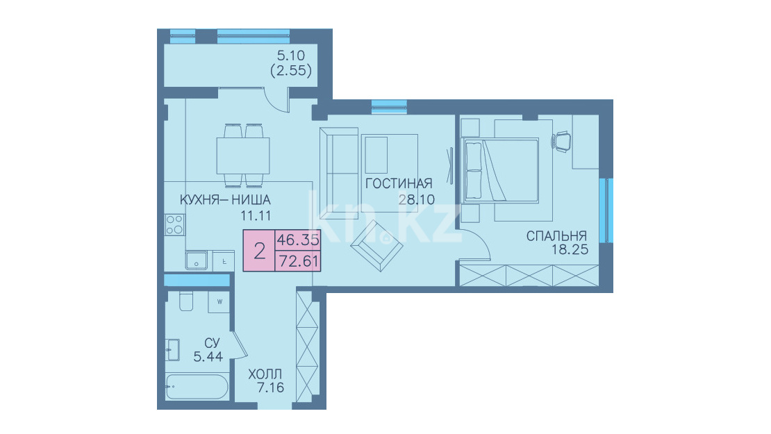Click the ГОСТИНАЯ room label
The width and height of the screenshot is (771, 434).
pos(399,184)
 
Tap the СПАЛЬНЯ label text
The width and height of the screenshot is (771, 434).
pos(556,236)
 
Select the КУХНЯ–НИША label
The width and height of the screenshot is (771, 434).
pos(225,200)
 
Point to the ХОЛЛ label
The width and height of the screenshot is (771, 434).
pos(265,374)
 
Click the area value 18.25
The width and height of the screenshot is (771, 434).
pos(570,250)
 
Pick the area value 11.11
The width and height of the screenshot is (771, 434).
pos(256,215)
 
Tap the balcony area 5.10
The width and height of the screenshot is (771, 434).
pos(291,56)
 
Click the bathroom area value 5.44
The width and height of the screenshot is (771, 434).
pos(208,357)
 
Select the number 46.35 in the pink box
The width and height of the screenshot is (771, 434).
pos(298,240)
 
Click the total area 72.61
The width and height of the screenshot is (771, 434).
pos(299,261)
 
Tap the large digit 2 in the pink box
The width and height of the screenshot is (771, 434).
pos(260,251)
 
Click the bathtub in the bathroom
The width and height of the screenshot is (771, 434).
pos(197,387)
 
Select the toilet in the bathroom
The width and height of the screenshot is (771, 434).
pos(186,301)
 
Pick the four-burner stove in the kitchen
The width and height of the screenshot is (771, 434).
pos(174,224)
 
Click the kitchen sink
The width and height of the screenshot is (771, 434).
pos(196,260)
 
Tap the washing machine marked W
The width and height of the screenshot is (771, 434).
pos(219,302)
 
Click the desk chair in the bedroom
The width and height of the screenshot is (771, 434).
pos(562,141)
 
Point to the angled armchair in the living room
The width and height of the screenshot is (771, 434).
pos(376,245)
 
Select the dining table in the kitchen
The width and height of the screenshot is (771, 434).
pos(243,156)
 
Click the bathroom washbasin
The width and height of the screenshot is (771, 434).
pos(172,350)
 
